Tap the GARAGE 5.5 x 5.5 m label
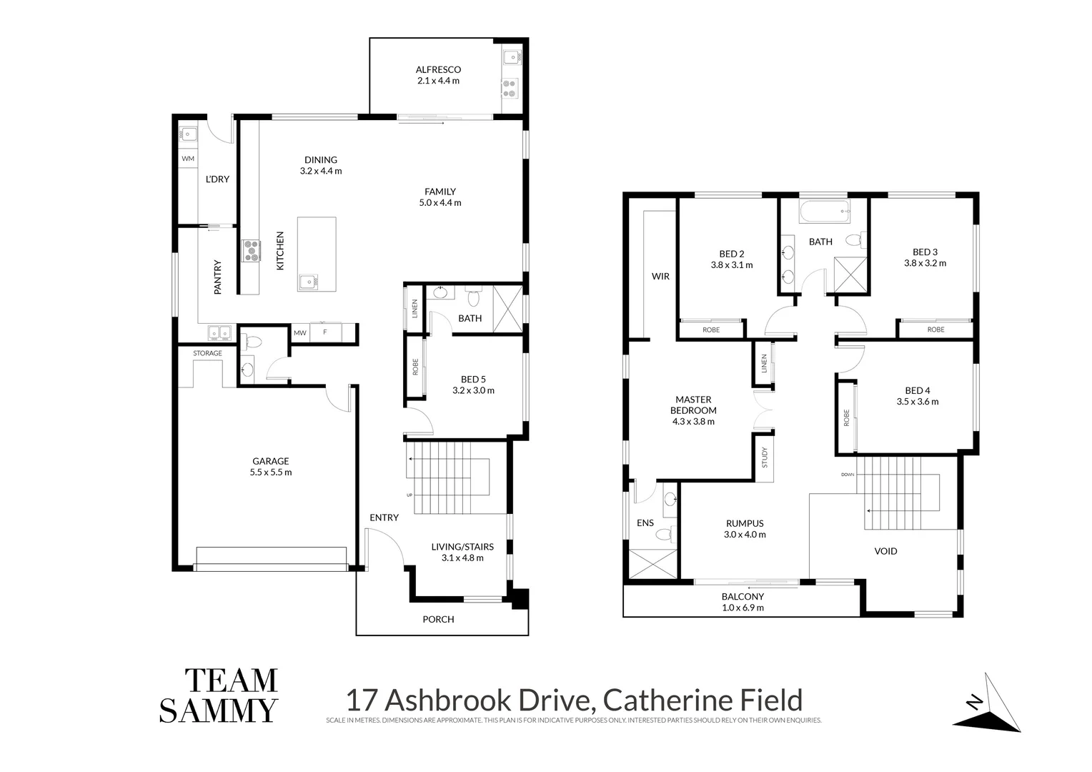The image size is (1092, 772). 270,467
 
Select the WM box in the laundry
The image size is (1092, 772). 188,159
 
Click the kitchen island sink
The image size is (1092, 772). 309,281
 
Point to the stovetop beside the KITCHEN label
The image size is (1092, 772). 251,249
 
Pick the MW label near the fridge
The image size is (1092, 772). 300,332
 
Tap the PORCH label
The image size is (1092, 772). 438,619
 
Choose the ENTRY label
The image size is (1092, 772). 384,518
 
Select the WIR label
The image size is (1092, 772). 660,276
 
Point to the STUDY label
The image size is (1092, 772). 764,457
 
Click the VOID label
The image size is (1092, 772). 885,551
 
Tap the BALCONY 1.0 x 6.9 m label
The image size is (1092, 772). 743,602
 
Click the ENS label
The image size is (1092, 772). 645,523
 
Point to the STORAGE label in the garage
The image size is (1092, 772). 207,353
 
